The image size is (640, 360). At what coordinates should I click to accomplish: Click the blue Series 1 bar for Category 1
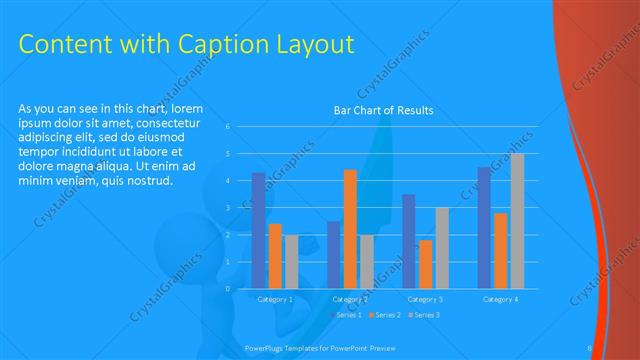point(259,230)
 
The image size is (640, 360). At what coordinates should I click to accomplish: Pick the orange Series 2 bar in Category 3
point(426,264)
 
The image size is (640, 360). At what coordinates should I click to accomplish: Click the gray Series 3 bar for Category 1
point(291,261)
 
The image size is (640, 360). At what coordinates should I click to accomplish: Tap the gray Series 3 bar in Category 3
point(442,247)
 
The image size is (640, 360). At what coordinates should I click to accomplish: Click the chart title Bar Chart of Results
point(383,111)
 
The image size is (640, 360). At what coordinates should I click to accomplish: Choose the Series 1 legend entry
point(346,315)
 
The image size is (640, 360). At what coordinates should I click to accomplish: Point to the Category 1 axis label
point(275,299)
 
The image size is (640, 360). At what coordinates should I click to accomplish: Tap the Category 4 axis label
point(500,299)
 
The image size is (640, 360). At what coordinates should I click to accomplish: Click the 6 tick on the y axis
point(228,127)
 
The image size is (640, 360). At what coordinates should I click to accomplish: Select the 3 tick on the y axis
point(228,208)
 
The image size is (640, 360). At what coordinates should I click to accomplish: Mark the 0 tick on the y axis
point(228,289)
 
